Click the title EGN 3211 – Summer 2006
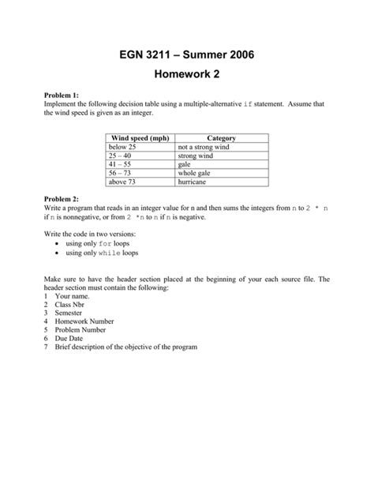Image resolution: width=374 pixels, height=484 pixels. point(187,55)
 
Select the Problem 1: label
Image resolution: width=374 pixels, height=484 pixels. point(60,95)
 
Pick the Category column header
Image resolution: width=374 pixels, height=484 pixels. point(221,138)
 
